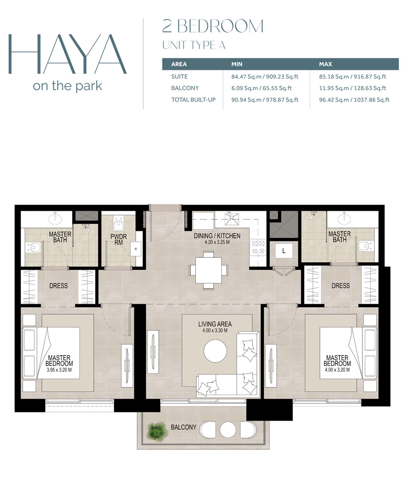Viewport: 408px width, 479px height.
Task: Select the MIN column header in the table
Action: pyautogui.click(x=238, y=64)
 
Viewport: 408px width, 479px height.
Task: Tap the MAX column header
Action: pyautogui.click(x=326, y=64)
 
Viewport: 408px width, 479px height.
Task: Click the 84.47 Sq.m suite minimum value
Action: pyautogui.click(x=261, y=76)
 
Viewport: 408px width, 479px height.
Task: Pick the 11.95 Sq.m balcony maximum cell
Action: pyautogui.click(x=352, y=88)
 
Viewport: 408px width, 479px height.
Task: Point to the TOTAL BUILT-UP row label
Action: pyautogui.click(x=192, y=100)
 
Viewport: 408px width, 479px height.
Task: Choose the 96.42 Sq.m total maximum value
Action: pyautogui.click(x=354, y=100)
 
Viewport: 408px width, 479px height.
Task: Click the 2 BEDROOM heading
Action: pyautogui.click(x=213, y=26)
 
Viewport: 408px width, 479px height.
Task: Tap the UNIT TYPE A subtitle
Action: pyautogui.click(x=193, y=46)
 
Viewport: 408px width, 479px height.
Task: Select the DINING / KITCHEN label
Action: pyautogui.click(x=217, y=236)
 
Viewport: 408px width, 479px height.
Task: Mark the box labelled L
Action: pyautogui.click(x=283, y=251)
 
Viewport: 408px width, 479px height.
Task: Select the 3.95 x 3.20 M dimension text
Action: pyautogui.click(x=59, y=370)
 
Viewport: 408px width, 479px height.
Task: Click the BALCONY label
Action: pyautogui.click(x=183, y=427)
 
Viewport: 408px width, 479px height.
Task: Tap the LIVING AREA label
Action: pyautogui.click(x=215, y=324)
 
